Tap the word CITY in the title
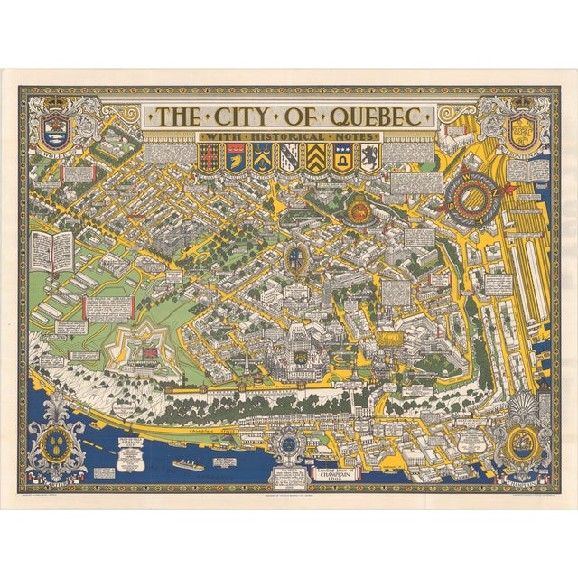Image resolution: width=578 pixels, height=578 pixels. (x=238, y=117)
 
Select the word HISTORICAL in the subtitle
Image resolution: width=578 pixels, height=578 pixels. (x=289, y=137)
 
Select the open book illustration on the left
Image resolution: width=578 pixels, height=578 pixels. (x=51, y=251)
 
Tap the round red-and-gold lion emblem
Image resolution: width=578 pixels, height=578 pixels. (x=359, y=210)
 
